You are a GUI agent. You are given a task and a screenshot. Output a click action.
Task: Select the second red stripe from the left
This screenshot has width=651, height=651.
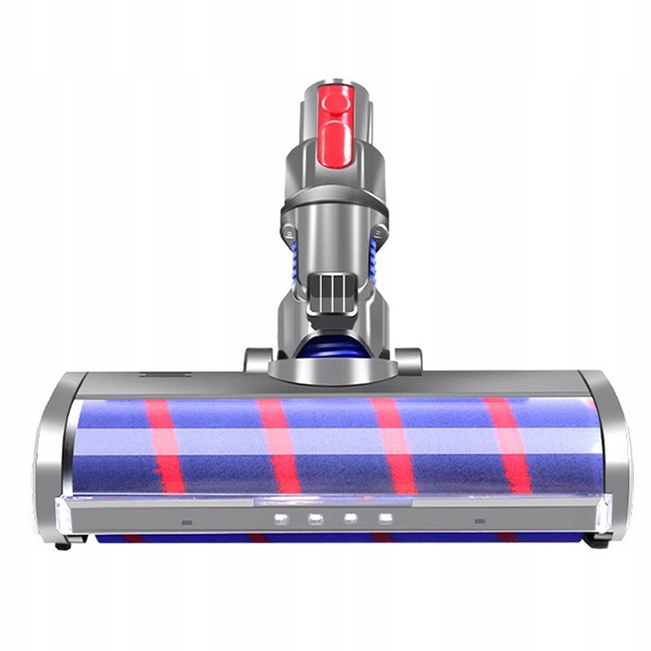click(x=280, y=446)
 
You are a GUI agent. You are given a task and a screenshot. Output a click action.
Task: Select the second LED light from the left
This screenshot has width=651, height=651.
click(x=316, y=518)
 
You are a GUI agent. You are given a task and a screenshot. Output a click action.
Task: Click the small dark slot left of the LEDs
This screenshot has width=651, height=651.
click(x=187, y=522)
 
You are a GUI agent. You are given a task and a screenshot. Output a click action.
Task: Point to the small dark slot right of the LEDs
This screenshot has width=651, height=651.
click(x=480, y=521)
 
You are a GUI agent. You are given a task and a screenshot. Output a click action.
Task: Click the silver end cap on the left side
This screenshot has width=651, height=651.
click(x=53, y=464)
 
